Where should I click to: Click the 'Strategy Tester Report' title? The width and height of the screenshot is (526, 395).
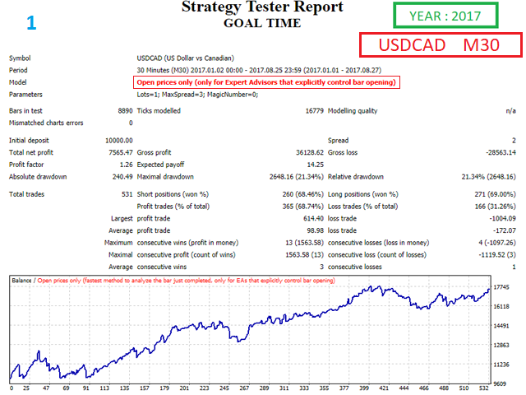[262, 7]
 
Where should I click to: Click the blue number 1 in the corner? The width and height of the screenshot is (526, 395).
[31, 22]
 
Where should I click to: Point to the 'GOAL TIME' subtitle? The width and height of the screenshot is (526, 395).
[262, 23]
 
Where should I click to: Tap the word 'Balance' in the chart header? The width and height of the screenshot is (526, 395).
[22, 281]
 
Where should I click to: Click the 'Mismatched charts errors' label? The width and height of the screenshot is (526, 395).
[46, 123]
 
